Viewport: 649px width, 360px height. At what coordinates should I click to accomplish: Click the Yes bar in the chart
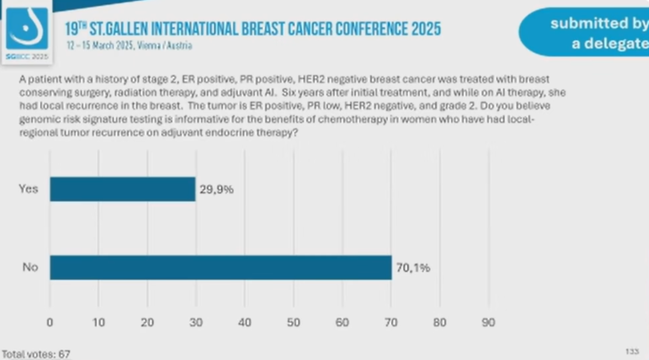tap(123, 189)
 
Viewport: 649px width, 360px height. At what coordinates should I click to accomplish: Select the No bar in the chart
tap(221, 267)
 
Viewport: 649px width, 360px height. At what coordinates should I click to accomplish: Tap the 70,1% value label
tap(413, 268)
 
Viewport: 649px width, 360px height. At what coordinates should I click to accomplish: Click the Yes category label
tap(28, 189)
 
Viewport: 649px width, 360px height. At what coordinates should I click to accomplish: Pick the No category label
tap(30, 267)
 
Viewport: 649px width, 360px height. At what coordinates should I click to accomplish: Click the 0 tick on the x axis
tap(50, 323)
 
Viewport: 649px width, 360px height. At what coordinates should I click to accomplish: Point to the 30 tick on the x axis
tap(196, 323)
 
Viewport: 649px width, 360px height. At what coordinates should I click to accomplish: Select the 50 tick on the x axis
tap(293, 323)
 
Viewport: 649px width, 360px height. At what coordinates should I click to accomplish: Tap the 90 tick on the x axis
tap(489, 323)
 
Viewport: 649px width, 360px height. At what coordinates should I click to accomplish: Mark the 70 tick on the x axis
tap(391, 323)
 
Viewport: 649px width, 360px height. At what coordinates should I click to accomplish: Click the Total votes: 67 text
tap(37, 354)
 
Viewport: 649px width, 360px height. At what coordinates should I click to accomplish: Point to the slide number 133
tap(632, 351)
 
